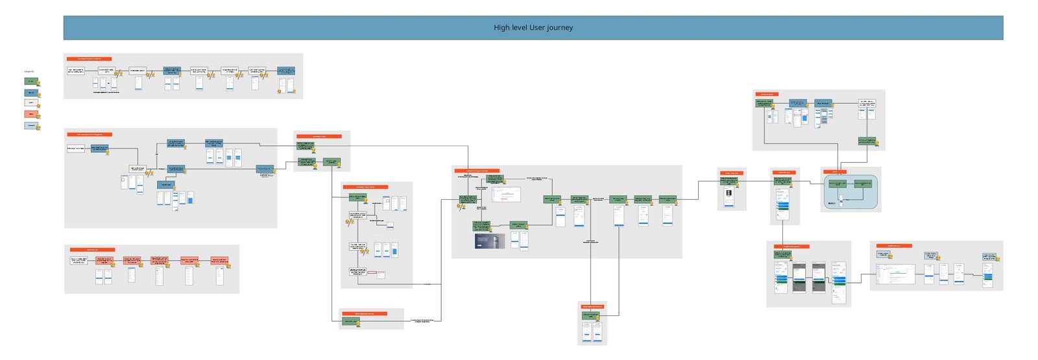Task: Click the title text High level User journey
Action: point(533,28)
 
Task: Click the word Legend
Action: point(29,71)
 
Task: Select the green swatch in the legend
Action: point(30,81)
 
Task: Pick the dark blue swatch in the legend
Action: point(30,92)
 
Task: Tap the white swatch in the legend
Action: point(30,102)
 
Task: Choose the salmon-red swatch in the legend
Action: point(30,114)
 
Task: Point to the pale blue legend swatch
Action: point(30,125)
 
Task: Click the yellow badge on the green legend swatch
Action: point(38,84)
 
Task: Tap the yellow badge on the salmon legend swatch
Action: point(38,117)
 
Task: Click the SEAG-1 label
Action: point(832,204)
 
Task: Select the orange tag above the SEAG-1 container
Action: point(835,172)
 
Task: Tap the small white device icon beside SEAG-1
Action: point(841,200)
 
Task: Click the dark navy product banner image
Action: point(490,241)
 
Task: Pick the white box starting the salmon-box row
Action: point(78,260)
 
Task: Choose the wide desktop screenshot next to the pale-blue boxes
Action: point(895,274)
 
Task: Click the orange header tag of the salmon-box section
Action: point(92,249)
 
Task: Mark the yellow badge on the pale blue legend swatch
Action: point(38,128)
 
